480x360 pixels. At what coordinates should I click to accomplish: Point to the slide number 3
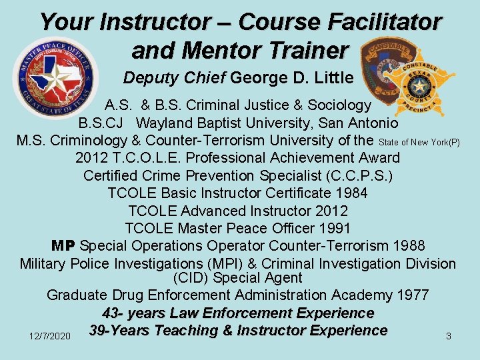448,337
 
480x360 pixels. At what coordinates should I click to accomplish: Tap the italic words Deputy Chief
175,78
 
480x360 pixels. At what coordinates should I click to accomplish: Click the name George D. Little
291,78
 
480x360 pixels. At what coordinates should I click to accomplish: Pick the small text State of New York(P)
419,143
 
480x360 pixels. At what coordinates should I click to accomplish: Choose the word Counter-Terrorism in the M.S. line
247,141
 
